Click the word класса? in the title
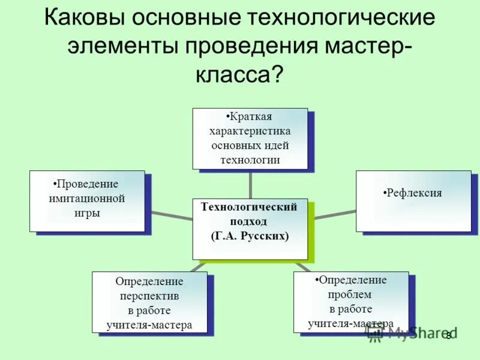coord(239,74)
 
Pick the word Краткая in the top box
coord(251,116)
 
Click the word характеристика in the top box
coord(250,131)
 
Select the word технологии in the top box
coord(250,160)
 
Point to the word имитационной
coord(87,199)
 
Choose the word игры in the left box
coord(87,213)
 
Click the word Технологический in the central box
coord(250,207)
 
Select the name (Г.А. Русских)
coord(250,236)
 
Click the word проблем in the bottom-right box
coord(350,295)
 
